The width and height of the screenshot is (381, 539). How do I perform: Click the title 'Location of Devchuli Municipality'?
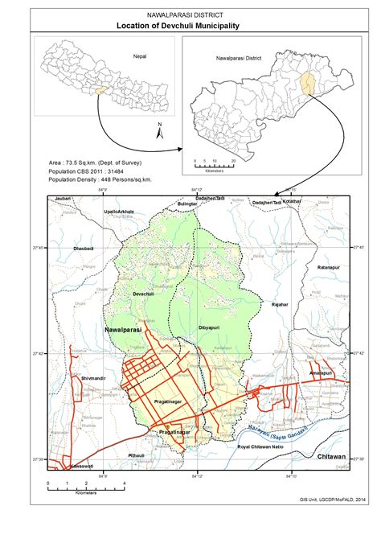(x=190, y=26)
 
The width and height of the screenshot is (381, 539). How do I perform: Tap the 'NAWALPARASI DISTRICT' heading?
(x=190, y=15)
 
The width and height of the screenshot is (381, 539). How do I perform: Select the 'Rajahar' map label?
(x=279, y=306)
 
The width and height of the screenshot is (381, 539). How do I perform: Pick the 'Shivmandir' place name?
(x=93, y=377)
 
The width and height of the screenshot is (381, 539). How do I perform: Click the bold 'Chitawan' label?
(x=330, y=456)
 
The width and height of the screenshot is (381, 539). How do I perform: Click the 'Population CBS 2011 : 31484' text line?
(x=92, y=171)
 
